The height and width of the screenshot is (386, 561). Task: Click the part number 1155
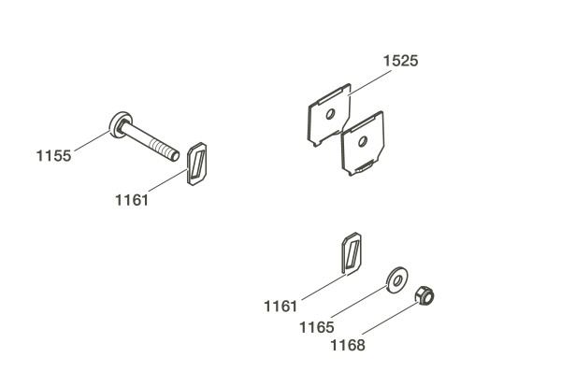pyautogui.click(x=53, y=156)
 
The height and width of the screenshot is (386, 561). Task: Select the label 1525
pyautogui.click(x=400, y=61)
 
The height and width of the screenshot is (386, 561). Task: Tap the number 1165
pyautogui.click(x=317, y=327)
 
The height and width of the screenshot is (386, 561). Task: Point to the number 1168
pyautogui.click(x=348, y=345)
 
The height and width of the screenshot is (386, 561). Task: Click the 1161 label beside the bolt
pyautogui.click(x=132, y=200)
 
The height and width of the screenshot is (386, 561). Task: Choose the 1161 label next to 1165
pyautogui.click(x=280, y=307)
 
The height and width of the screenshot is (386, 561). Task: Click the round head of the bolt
pyautogui.click(x=121, y=124)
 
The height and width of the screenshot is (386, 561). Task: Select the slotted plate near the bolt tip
pyautogui.click(x=197, y=164)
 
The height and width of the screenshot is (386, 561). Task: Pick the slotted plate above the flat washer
pyautogui.click(x=352, y=253)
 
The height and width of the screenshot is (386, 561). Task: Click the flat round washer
pyautogui.click(x=397, y=279)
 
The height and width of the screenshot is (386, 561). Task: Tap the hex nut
pyautogui.click(x=424, y=295)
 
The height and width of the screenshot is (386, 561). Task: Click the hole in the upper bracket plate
pyautogui.click(x=330, y=114)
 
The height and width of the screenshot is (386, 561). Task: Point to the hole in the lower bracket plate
pyautogui.click(x=363, y=141)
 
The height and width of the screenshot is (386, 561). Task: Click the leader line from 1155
pyautogui.click(x=93, y=140)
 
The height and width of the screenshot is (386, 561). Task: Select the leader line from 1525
pyautogui.click(x=370, y=82)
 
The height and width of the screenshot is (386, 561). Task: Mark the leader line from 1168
pyautogui.click(x=390, y=319)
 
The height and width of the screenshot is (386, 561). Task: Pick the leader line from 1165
pyautogui.click(x=359, y=301)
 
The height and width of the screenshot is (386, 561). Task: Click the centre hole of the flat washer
pyautogui.click(x=396, y=280)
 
